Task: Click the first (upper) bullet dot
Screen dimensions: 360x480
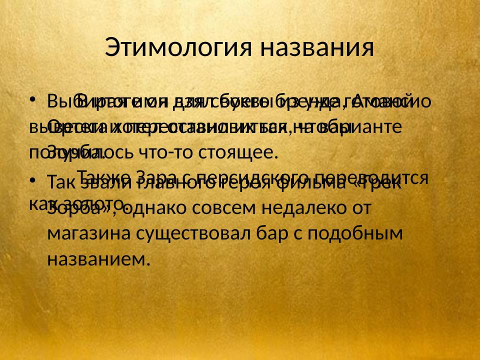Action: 33,97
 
